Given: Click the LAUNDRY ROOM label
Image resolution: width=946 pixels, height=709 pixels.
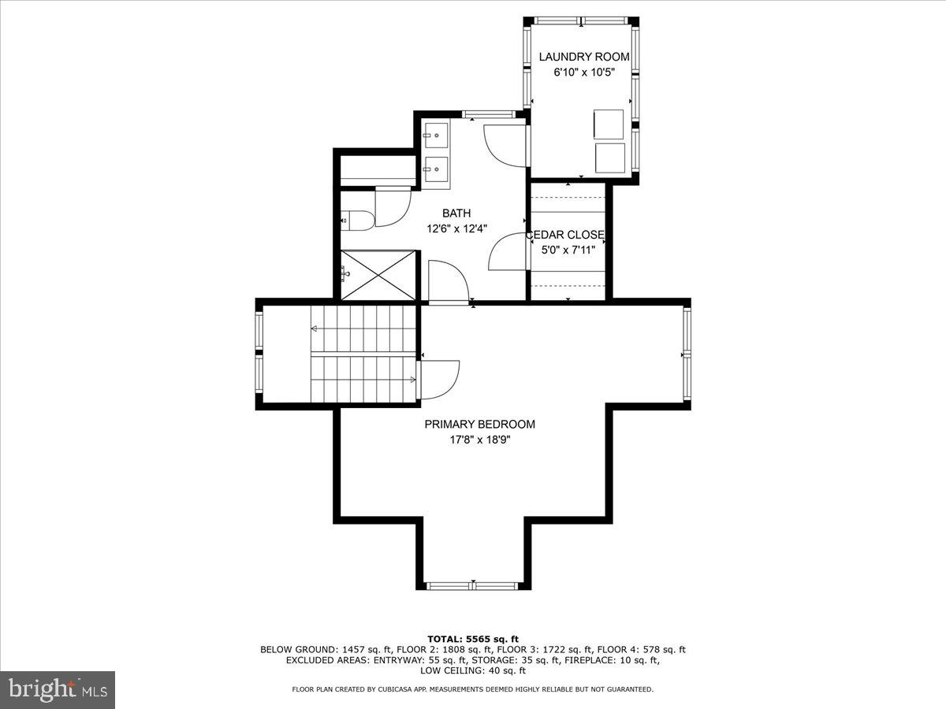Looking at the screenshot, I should click(583, 57).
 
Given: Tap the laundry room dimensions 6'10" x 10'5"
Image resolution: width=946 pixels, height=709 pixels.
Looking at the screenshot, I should click(583, 72).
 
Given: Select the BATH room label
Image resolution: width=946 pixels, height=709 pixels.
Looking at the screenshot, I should click(456, 213).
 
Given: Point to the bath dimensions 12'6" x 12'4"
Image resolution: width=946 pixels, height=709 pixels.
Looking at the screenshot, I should click(456, 228).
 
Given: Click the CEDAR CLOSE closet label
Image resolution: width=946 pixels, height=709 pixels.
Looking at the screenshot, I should click(565, 235).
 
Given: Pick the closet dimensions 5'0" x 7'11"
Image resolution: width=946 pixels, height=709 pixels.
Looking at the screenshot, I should click(568, 251).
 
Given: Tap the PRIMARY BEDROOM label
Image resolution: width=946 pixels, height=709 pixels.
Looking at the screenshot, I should click(479, 424).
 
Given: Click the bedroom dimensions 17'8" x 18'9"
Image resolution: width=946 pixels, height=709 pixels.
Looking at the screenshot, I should click(479, 440).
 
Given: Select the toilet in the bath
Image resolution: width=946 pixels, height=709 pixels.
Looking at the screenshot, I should click(356, 221).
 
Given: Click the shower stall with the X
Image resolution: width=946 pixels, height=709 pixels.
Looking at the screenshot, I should click(378, 275).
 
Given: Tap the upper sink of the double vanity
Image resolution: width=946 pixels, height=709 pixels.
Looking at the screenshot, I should click(436, 135).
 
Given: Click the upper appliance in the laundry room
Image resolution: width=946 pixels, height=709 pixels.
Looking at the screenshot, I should click(608, 124).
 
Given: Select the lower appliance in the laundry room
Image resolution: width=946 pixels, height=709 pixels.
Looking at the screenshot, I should click(609, 158).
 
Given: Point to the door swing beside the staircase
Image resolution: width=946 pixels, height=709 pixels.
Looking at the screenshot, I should click(438, 379).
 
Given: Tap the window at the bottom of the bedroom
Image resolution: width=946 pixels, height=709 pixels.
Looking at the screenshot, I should click(472, 585).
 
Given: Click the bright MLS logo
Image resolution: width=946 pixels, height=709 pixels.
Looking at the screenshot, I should click(58, 690).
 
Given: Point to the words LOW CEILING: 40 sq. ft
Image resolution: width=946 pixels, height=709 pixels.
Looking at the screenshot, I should click(472, 671).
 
